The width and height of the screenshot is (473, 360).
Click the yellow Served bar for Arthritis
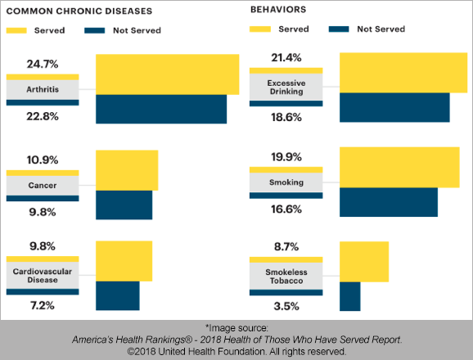(168, 74)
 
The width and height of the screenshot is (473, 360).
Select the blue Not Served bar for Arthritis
(161, 109)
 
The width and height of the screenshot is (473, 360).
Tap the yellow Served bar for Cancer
(127, 170)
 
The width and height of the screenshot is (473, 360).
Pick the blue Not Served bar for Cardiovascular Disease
(118, 296)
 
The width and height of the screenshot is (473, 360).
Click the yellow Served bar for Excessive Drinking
(403, 73)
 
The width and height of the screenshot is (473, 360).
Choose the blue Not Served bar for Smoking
(389, 202)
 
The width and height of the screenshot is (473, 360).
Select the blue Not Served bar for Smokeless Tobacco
(350, 296)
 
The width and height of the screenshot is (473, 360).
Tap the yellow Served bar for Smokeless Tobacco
(364, 262)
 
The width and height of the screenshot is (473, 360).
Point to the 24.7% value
(43, 64)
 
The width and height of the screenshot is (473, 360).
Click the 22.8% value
(43, 116)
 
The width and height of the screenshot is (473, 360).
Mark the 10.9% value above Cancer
(43, 160)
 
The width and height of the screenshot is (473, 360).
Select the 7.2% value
(43, 305)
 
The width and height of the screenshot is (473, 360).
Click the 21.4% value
(286, 57)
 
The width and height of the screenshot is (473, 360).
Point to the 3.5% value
(286, 306)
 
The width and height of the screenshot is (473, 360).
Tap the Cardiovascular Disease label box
(43, 276)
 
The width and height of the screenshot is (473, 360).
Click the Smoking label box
(286, 182)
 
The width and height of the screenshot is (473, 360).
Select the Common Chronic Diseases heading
(79, 11)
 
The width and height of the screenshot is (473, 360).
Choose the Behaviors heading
(278, 10)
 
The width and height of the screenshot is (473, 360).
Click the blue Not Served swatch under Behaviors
(339, 29)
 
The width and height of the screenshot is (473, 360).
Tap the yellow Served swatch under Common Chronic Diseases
(16, 30)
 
